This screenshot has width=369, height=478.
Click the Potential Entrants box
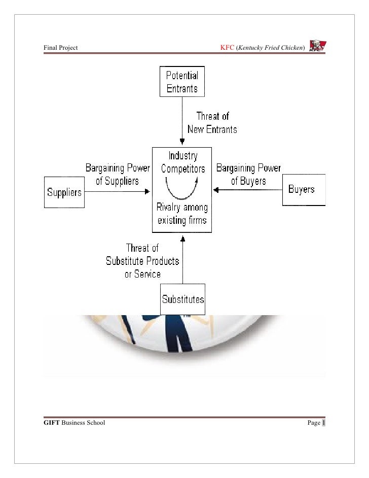click(182, 81)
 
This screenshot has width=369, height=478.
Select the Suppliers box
click(64, 192)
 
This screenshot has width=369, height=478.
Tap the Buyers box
click(303, 190)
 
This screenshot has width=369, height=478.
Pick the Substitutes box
click(183, 299)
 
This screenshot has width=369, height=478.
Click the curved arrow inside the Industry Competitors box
click(182, 187)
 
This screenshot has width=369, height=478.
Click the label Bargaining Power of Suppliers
click(117, 174)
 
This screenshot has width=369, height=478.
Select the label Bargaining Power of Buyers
click(248, 174)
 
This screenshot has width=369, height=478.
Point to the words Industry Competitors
click(182, 161)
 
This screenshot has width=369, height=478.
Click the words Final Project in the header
click(60, 49)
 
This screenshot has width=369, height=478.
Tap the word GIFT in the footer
click(51, 423)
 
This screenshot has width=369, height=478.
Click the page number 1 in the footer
click(323, 423)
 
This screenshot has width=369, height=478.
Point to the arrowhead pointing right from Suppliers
click(147, 192)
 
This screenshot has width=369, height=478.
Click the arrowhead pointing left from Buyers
click(215, 190)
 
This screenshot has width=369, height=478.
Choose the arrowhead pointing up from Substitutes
click(181, 236)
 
